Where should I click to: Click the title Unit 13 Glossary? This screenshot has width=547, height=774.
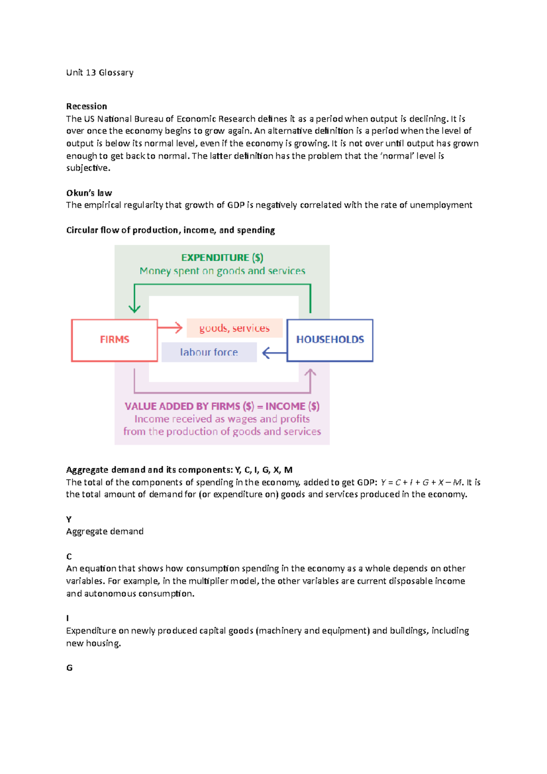click(x=99, y=72)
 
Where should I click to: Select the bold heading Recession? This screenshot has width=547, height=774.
click(x=86, y=106)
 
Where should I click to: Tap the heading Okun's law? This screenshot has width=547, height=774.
click(x=89, y=193)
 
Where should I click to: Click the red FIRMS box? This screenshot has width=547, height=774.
click(x=114, y=340)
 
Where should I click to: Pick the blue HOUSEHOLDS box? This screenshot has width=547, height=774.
click(x=330, y=340)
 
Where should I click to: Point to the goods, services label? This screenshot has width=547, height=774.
click(x=234, y=328)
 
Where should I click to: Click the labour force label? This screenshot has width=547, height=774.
click(x=209, y=352)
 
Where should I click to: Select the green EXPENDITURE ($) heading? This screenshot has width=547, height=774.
click(x=222, y=258)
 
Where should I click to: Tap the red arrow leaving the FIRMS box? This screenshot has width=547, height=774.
click(x=170, y=327)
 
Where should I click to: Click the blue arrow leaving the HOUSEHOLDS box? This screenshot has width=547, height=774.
click(x=274, y=353)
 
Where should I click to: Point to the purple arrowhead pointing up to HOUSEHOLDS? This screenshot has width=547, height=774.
click(x=310, y=374)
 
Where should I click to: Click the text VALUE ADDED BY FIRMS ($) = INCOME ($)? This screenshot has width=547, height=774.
click(x=222, y=406)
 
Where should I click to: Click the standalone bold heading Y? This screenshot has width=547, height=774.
click(x=69, y=519)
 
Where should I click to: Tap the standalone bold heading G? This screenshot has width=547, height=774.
click(x=69, y=668)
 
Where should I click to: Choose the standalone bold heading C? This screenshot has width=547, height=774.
click(x=69, y=557)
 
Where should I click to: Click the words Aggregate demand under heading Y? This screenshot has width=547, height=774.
click(x=104, y=531)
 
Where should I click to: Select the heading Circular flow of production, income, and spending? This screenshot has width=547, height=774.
click(x=170, y=230)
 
